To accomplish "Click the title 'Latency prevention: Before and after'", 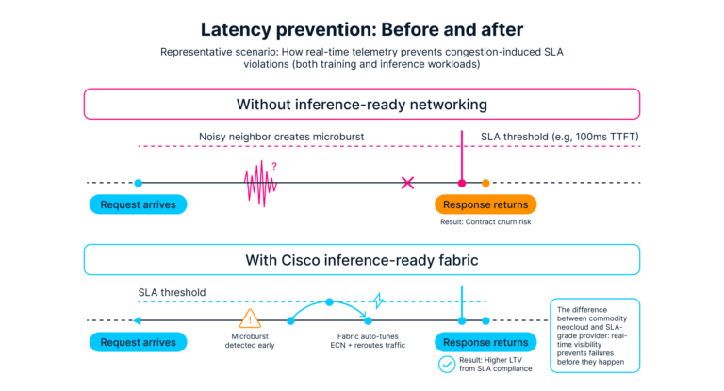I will tap(361, 27).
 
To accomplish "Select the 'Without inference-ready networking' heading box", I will tap(361, 103).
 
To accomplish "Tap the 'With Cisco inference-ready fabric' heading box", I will tap(361, 259).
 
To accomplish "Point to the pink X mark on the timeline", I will tap(407, 183).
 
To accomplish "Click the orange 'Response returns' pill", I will tap(485, 204).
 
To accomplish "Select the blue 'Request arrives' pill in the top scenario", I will tap(139, 204).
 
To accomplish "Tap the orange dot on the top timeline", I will tap(485, 183).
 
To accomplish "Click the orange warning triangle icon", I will tap(251, 318).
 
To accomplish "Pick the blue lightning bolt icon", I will tap(378, 301).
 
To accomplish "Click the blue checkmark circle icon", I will tap(448, 362).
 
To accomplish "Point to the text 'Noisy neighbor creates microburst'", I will tap(282, 137).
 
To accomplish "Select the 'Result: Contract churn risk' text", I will tap(485, 222).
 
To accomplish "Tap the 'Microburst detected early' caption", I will tap(252, 341).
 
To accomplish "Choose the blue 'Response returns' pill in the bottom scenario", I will tap(485, 342).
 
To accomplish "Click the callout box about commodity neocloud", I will tap(594, 335).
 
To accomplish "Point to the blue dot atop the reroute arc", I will tap(329, 302).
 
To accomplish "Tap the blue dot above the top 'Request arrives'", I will tap(139, 183).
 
